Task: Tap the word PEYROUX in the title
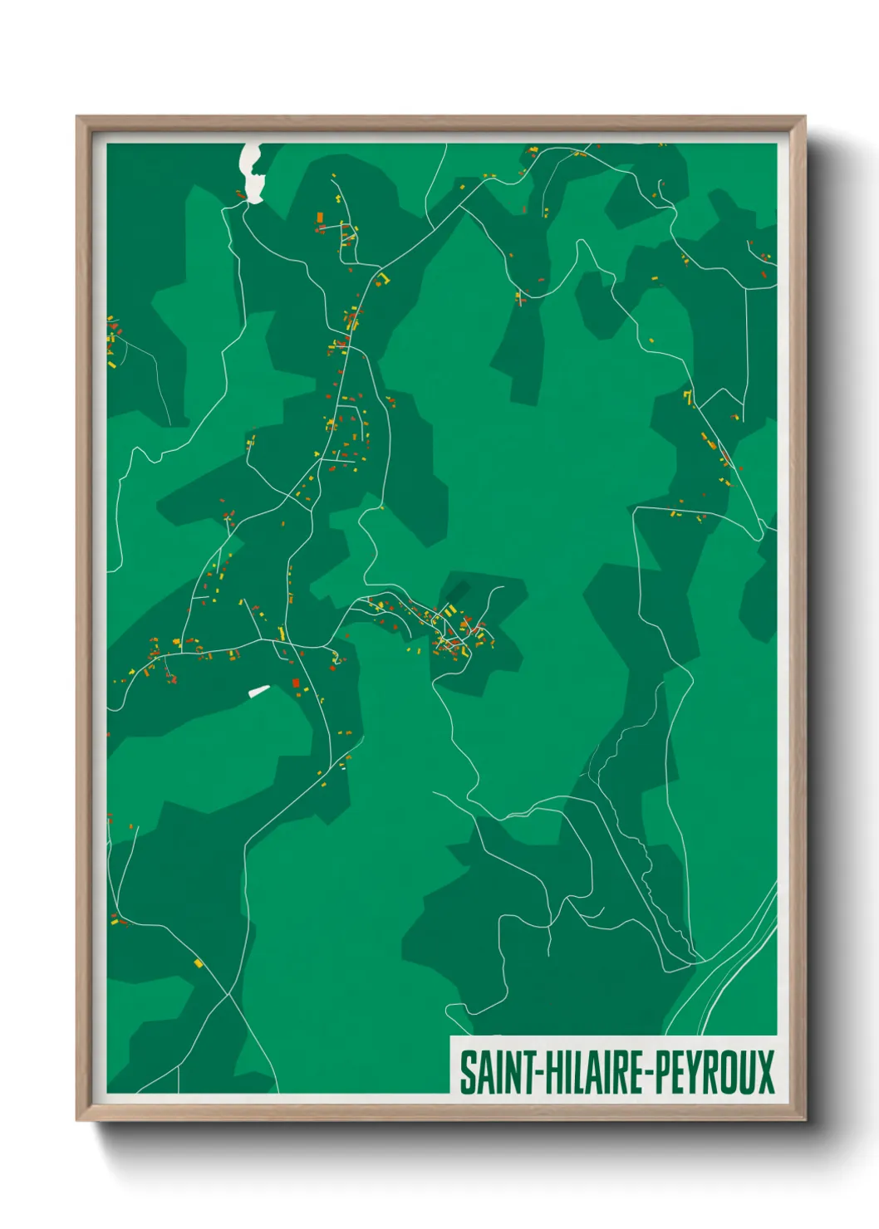714,1072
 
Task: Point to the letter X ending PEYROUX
765,1072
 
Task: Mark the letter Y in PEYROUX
689,1072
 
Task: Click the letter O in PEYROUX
727,1072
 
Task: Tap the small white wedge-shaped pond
259,690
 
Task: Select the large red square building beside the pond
296,683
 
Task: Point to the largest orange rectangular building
319,217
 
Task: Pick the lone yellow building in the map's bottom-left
198,963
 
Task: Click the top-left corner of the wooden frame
77,117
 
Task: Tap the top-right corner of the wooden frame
804,117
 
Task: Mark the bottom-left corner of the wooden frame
77,1119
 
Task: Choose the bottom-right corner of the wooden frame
804,1119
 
